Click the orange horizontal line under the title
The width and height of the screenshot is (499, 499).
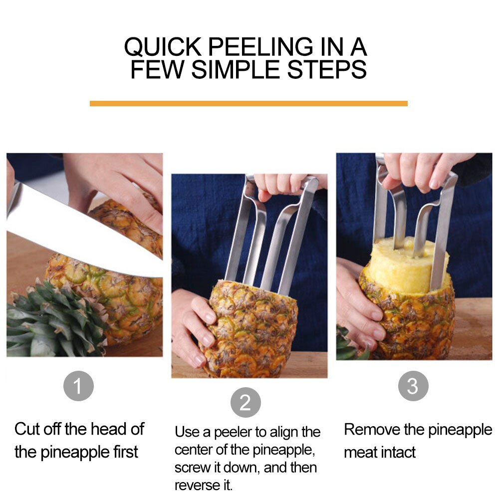249,103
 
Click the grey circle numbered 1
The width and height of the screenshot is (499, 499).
78,386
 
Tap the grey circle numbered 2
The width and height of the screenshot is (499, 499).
246,402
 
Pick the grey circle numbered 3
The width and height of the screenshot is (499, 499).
413,386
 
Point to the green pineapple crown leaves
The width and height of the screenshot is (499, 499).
50,319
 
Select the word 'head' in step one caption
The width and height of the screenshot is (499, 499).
111,429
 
